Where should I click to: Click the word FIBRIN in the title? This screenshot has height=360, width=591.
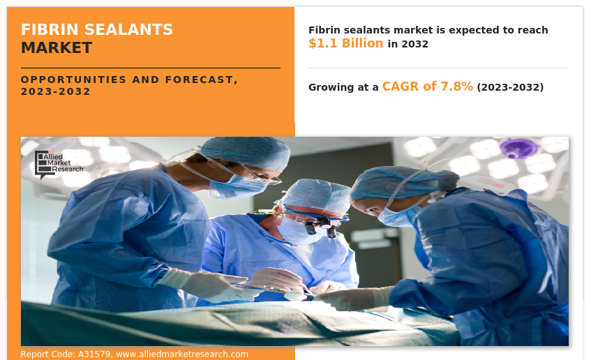pyautogui.click(x=50, y=29)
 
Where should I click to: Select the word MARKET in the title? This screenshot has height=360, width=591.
pyautogui.click(x=57, y=48)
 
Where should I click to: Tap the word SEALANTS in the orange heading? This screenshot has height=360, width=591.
pyautogui.click(x=128, y=29)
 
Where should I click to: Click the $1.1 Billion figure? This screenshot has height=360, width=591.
pyautogui.click(x=345, y=43)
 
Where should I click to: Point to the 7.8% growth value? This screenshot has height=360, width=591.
pyautogui.click(x=456, y=87)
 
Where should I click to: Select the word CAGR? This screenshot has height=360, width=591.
pyautogui.click(x=401, y=87)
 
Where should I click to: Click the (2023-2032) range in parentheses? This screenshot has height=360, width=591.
pyautogui.click(x=510, y=87)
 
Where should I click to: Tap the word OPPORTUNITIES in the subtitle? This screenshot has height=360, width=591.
pyautogui.click(x=73, y=80)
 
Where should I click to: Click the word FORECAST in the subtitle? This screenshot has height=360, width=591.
pyautogui.click(x=201, y=80)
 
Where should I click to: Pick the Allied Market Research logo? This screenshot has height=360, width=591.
pyautogui.click(x=59, y=165)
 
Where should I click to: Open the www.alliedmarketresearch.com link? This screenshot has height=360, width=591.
pyautogui.click(x=182, y=354)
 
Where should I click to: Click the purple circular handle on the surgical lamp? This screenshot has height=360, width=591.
pyautogui.click(x=518, y=148)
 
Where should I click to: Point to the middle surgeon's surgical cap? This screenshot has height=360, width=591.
pyautogui.click(x=317, y=195)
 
